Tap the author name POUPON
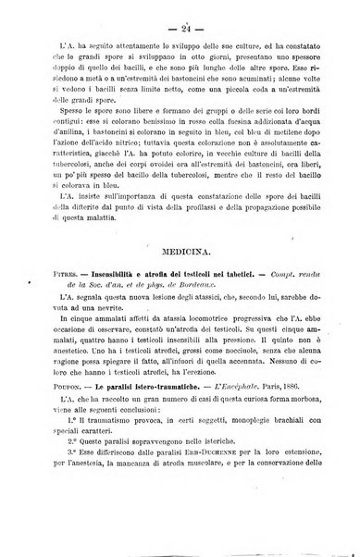click(x=51, y=441)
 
